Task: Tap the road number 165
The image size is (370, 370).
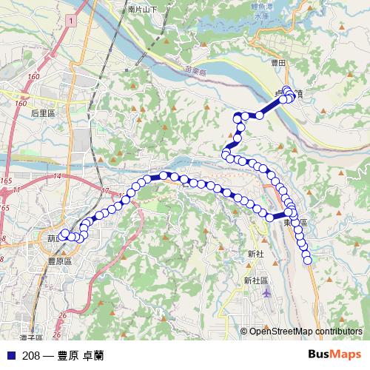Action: point(7,181)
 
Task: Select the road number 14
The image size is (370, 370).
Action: point(57,175)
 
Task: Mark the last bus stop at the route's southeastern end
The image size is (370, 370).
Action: point(308,258)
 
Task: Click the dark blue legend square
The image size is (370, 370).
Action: point(10,355)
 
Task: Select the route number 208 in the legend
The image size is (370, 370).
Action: point(31,355)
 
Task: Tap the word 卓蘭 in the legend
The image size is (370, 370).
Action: point(93,355)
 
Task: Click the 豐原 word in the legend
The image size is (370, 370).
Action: point(69,355)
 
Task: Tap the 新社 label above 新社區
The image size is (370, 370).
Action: point(256,253)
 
